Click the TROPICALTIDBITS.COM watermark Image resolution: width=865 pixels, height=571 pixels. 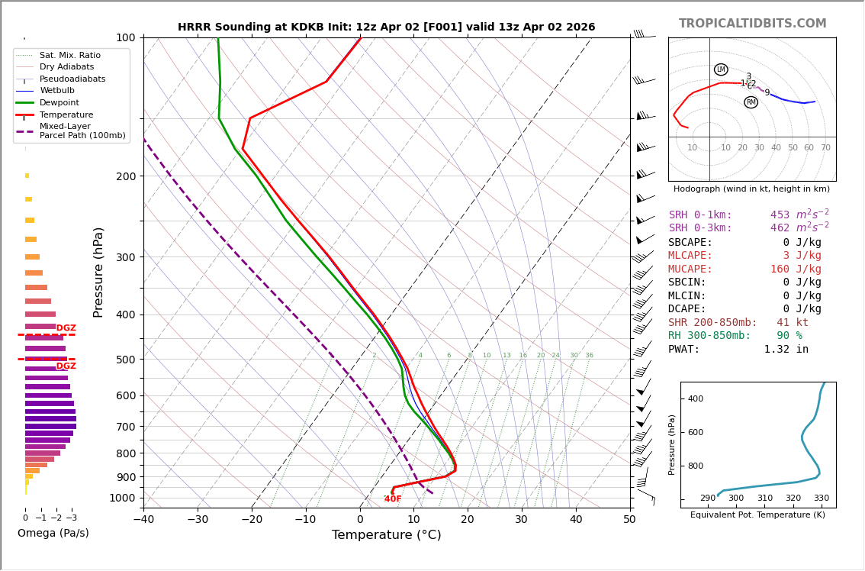pos(752,24)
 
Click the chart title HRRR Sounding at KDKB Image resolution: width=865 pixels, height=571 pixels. pos(386,27)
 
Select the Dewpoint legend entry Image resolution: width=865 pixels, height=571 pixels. pos(59,102)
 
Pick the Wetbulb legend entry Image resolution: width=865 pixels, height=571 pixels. pos(56,91)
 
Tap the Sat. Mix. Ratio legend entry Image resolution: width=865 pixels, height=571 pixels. pos(69,56)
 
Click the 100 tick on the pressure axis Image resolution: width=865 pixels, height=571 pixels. pos(125,37)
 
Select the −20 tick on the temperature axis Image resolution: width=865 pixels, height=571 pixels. pos(252,520)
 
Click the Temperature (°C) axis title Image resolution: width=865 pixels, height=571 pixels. pos(386,535)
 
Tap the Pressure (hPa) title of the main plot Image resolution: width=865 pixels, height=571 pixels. pos(99,272)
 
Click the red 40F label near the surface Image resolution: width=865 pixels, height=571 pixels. pos(393,499)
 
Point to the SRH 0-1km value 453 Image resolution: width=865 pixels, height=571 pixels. pos(780,215)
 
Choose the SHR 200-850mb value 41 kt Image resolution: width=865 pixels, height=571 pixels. pos(793,323)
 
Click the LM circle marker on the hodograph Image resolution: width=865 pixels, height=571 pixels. pos(721,69)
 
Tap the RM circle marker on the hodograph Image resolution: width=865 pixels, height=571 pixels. pos(751,102)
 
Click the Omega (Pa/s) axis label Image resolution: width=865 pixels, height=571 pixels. pos(53,534)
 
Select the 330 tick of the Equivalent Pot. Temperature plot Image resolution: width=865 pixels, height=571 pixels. pos(822,498)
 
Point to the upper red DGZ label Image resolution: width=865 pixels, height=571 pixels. pos(66,328)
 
